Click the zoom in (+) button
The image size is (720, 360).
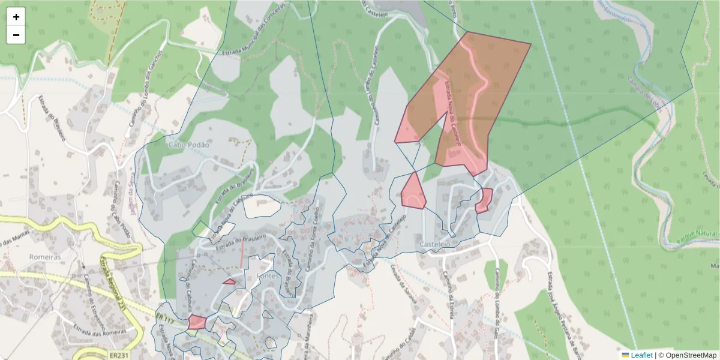pyautogui.click(x=16, y=17)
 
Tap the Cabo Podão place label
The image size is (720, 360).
pyautogui.click(x=188, y=145)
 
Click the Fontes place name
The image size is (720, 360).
pyautogui.click(x=268, y=276)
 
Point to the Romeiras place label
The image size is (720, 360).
pyautogui.click(x=46, y=257)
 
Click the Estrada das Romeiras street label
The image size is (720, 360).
pyautogui.click(x=99, y=329)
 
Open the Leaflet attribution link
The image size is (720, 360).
pyautogui.click(x=641, y=355)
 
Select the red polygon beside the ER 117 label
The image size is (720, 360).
pyautogui.click(x=196, y=322)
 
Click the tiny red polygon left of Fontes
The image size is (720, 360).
pyautogui.click(x=229, y=281)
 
